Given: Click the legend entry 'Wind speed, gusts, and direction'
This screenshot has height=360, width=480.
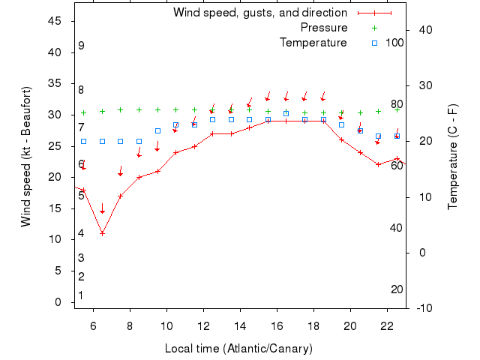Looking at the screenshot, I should pos(259,13).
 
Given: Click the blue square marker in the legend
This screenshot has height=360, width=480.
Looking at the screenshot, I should pos(374,43).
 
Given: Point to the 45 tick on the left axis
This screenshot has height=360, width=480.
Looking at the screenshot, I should pos(55,21).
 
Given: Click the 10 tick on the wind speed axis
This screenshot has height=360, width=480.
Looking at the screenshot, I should pos(55,240).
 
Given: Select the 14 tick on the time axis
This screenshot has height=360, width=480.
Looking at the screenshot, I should pos(240,326).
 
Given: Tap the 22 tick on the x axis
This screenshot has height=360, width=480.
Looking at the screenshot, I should pos(387,326).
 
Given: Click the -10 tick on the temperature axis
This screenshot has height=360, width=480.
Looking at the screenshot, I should pos(423,307).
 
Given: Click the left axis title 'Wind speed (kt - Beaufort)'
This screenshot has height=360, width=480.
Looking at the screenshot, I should pos(26,157).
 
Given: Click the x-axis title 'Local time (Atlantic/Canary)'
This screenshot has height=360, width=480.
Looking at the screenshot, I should pos(238,349).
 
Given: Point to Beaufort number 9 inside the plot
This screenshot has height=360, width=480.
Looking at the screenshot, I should pos(81,46).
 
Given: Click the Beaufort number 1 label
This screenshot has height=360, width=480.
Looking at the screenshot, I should pos(81,295).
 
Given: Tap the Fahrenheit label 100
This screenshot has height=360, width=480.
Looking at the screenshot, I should pos(394,43).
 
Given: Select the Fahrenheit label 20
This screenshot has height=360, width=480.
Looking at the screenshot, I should pos(397,289).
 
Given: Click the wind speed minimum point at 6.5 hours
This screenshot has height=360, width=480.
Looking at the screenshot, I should pos(102,233).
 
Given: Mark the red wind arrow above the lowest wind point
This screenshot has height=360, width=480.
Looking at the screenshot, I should pos(102,209).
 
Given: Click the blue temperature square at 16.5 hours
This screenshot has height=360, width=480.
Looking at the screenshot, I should pos(286,114).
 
